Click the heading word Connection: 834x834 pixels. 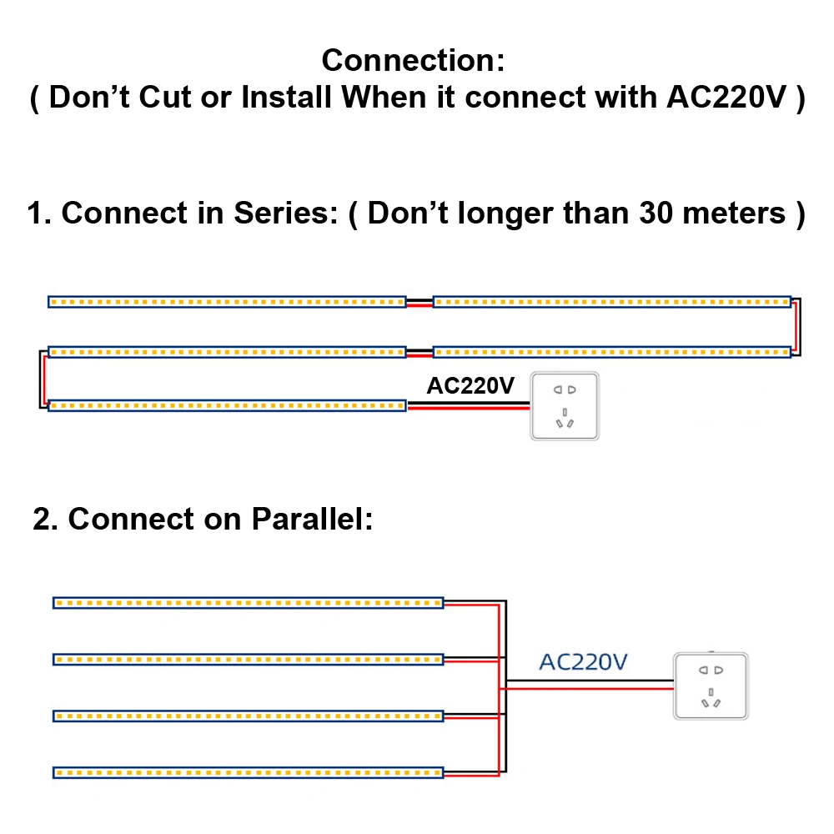[x=413, y=60]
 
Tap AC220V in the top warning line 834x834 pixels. [x=726, y=98]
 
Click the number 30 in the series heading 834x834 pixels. [x=656, y=213]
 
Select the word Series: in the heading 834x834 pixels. [x=285, y=213]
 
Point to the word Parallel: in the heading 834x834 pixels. [x=312, y=519]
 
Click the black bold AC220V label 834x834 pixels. [x=470, y=385]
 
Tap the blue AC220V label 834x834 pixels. [x=583, y=662]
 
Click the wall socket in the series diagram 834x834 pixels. [x=565, y=406]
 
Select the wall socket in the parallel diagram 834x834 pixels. [x=711, y=686]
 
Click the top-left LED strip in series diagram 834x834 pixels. [x=227, y=302]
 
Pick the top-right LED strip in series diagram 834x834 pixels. [x=612, y=302]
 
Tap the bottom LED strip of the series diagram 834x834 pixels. [x=227, y=406]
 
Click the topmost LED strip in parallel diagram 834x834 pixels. [x=248, y=603]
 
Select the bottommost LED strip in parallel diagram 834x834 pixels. [x=248, y=772]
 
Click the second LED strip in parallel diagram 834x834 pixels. [x=248, y=660]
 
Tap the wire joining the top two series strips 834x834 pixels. [x=420, y=303]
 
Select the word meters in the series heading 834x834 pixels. [x=733, y=213]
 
